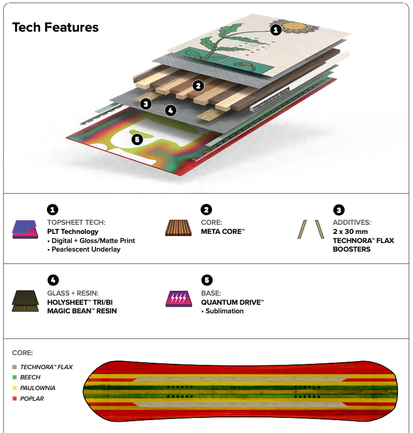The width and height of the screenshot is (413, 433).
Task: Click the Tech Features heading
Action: click(55, 27)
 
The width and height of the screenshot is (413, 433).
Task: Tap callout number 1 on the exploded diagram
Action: click(276, 30)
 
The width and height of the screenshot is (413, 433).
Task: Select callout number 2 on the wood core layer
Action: click(198, 85)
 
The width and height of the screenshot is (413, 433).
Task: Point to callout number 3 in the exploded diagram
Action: click(145, 104)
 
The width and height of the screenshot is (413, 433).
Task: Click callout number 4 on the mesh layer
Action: click(171, 111)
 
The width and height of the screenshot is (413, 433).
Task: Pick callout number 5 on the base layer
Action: click(137, 140)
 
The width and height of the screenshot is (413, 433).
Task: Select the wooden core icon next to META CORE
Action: click(178, 228)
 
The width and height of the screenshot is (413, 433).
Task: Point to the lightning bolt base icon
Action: click(178, 298)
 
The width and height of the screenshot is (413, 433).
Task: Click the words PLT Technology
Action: click(73, 232)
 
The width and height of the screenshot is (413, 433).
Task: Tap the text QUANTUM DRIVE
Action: click(232, 303)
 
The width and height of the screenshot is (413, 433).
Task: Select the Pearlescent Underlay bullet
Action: click(86, 249)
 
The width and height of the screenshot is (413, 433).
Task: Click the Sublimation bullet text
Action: click(224, 311)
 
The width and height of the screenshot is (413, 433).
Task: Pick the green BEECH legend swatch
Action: click(14, 378)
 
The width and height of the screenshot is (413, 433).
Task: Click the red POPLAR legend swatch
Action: click(14, 399)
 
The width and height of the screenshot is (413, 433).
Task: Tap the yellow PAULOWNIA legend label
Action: click(38, 388)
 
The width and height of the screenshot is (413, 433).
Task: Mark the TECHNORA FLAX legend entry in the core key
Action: click(46, 367)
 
